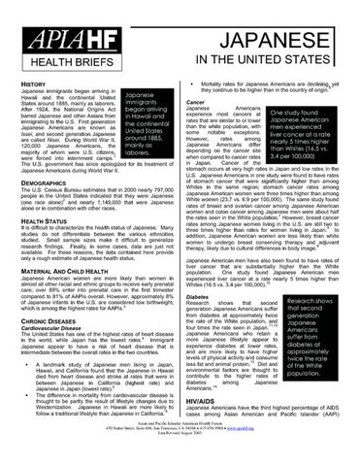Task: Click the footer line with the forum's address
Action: point(180,453)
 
